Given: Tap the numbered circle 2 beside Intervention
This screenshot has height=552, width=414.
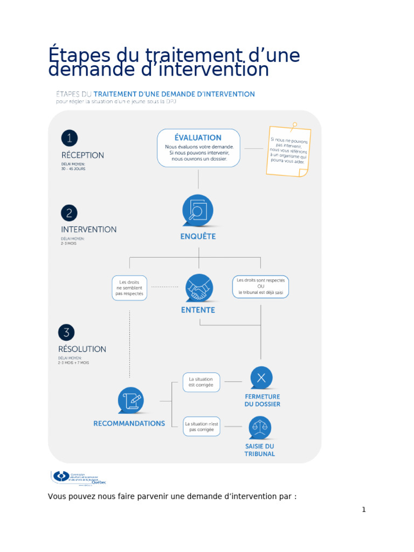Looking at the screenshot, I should click(69, 213).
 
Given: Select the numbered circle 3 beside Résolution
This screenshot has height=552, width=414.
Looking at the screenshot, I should click(66, 332).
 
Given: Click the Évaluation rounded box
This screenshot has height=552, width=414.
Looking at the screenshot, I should click(198, 148).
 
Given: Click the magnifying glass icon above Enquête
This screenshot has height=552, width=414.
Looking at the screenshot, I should click(198, 210).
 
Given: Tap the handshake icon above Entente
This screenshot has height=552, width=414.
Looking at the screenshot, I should click(198, 288).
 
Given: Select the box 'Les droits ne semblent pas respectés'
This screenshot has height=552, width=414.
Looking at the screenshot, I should click(129, 288).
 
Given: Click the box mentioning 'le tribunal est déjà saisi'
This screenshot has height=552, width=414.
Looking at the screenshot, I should click(260, 287).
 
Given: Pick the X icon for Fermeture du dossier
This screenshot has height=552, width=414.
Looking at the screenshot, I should click(261, 378).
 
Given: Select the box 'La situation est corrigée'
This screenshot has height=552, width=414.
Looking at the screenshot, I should click(201, 382).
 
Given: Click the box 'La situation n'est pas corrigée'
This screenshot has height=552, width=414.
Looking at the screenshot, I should click(201, 426).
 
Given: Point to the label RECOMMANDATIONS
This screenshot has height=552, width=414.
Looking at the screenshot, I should click(129, 424).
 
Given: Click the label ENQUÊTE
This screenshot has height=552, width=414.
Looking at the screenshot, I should click(198, 237).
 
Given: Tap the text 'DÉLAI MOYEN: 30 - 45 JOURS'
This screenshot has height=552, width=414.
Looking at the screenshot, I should click(73, 167).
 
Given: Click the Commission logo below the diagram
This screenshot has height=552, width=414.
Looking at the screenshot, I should click(79, 477).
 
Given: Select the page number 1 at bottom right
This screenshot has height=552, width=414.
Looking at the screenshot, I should click(364, 509).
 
